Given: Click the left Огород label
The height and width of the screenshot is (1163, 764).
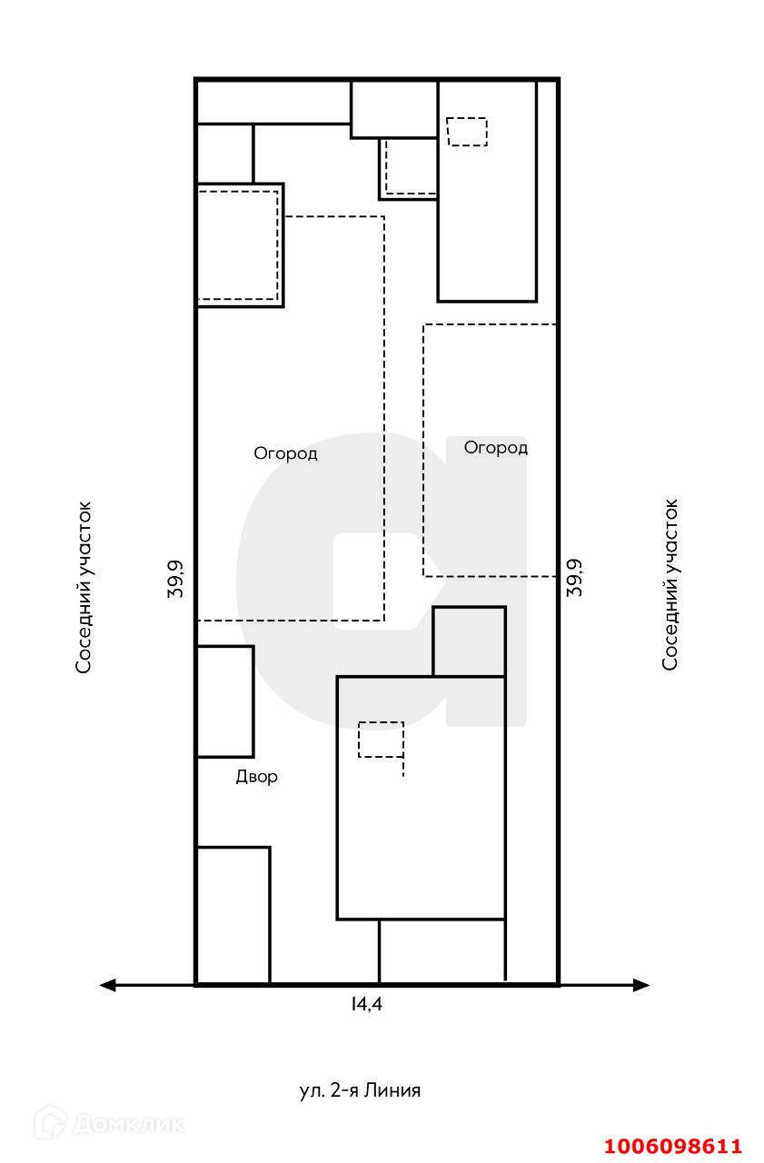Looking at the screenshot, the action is click(x=285, y=453).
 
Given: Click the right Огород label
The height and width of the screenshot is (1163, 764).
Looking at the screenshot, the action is click(x=495, y=448).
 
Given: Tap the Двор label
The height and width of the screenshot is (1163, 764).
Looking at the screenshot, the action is click(x=256, y=777).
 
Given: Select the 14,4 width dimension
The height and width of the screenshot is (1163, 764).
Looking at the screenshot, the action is click(x=368, y=1004).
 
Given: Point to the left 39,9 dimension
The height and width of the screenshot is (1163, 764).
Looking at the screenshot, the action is click(x=176, y=578).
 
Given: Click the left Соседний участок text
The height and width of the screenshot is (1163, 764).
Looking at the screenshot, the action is click(x=84, y=587).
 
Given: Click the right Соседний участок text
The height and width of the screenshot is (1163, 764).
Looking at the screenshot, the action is click(x=670, y=584).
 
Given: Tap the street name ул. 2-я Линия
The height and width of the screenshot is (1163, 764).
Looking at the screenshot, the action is click(x=360, y=1090).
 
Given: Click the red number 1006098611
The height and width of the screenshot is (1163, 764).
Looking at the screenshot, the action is click(x=673, y=1147).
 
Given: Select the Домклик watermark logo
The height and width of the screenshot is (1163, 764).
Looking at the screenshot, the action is click(x=109, y=1124).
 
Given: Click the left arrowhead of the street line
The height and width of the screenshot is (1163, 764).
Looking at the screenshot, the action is click(x=108, y=985).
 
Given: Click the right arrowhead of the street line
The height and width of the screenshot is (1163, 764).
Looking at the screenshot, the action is click(x=641, y=985).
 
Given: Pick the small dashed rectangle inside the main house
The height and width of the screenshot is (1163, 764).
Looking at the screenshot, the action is click(x=381, y=740).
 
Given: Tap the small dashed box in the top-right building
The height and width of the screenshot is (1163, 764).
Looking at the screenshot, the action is click(x=467, y=131).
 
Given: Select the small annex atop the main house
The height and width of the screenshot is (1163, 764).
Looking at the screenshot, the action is click(x=469, y=641).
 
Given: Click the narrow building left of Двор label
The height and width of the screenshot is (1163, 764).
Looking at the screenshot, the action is click(x=224, y=701).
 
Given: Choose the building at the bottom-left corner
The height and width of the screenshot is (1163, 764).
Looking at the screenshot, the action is click(x=233, y=914).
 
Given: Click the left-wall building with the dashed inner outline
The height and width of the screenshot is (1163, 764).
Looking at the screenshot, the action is click(x=240, y=245).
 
